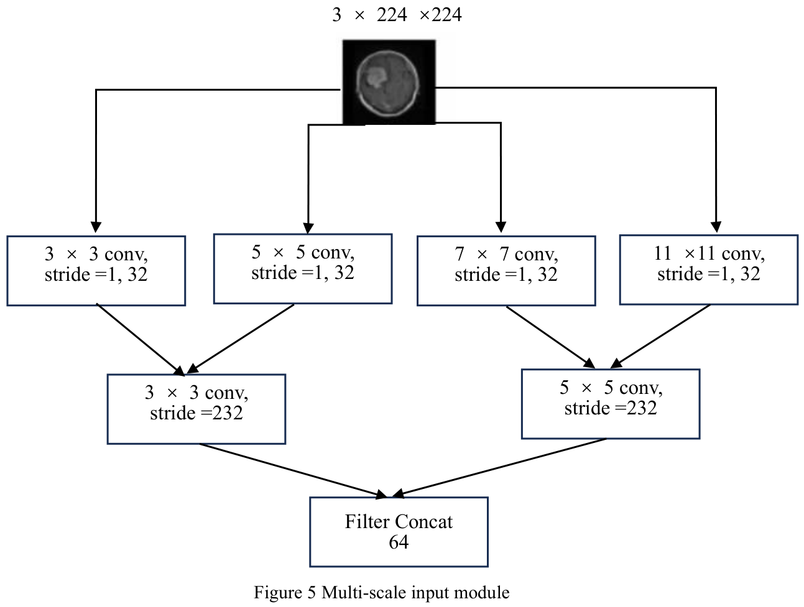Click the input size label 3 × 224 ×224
pyautogui.click(x=397, y=15)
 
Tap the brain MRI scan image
pyautogui.click(x=389, y=82)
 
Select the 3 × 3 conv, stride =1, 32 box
pyautogui.click(x=96, y=271)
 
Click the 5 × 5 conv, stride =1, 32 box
pyautogui.click(x=303, y=269)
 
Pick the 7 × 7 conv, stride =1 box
pyautogui.click(x=506, y=271)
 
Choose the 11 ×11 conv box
pyautogui.click(x=709, y=270)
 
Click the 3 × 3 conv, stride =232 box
pyautogui.click(x=196, y=409)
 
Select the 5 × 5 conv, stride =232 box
pyautogui.click(x=611, y=404)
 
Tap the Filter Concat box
pyautogui.click(x=399, y=532)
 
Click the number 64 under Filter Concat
pyautogui.click(x=399, y=542)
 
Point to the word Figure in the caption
pyautogui.click(x=278, y=593)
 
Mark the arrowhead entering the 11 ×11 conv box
pyautogui.click(x=716, y=227)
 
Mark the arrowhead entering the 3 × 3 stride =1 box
pyautogui.click(x=96, y=227)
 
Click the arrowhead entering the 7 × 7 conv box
pyautogui.click(x=501, y=227)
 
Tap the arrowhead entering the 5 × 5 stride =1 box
pyautogui.click(x=308, y=228)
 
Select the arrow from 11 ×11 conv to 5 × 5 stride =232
pyautogui.click(x=660, y=336)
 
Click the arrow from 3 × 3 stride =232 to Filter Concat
pyautogui.click(x=293, y=471)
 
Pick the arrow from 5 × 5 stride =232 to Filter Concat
pyautogui.click(x=499, y=468)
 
